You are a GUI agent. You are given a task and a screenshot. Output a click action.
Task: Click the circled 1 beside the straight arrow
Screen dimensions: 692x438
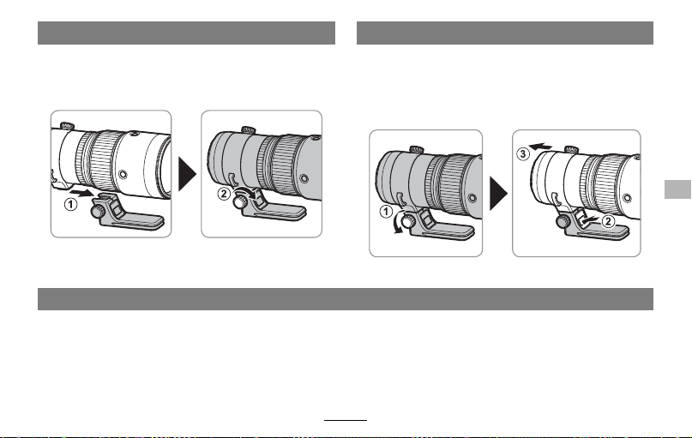[x=70, y=205]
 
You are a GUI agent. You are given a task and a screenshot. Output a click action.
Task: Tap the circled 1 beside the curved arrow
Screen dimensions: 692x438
[x=386, y=212]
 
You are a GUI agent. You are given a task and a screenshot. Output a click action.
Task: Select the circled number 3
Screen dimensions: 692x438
[x=523, y=154]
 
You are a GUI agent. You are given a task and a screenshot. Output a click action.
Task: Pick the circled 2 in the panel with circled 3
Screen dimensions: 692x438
[x=608, y=221]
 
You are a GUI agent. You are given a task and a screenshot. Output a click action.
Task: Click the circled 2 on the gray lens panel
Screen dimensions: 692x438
[x=224, y=193]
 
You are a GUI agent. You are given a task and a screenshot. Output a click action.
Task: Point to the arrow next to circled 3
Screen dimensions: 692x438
[x=540, y=147]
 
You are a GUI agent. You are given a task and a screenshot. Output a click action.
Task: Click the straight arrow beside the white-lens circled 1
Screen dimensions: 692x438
[x=82, y=193]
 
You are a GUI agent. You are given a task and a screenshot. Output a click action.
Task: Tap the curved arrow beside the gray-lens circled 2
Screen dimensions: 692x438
[x=245, y=192]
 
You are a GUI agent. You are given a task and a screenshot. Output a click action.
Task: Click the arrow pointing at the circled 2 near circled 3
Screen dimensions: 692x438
[x=591, y=219]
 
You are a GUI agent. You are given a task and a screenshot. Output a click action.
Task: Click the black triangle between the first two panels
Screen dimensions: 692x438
[x=187, y=174]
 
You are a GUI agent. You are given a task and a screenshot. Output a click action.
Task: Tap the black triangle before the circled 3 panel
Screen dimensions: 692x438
[x=499, y=193]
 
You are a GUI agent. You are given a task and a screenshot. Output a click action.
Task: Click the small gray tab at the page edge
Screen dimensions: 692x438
[x=678, y=189]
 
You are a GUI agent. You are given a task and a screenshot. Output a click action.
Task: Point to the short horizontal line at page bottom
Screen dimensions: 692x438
[x=346, y=420]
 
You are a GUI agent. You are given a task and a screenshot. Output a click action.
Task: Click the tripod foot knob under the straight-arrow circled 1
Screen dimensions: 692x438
[x=98, y=212]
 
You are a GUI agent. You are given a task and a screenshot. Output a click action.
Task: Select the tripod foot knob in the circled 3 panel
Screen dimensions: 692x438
[x=563, y=221]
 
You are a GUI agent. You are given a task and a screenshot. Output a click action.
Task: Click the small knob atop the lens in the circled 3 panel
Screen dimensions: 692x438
[x=571, y=149]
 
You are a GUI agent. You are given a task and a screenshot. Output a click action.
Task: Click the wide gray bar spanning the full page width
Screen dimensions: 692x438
[x=346, y=299]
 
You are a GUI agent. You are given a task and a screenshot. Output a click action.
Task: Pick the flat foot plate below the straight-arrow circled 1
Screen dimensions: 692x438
[x=132, y=222]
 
